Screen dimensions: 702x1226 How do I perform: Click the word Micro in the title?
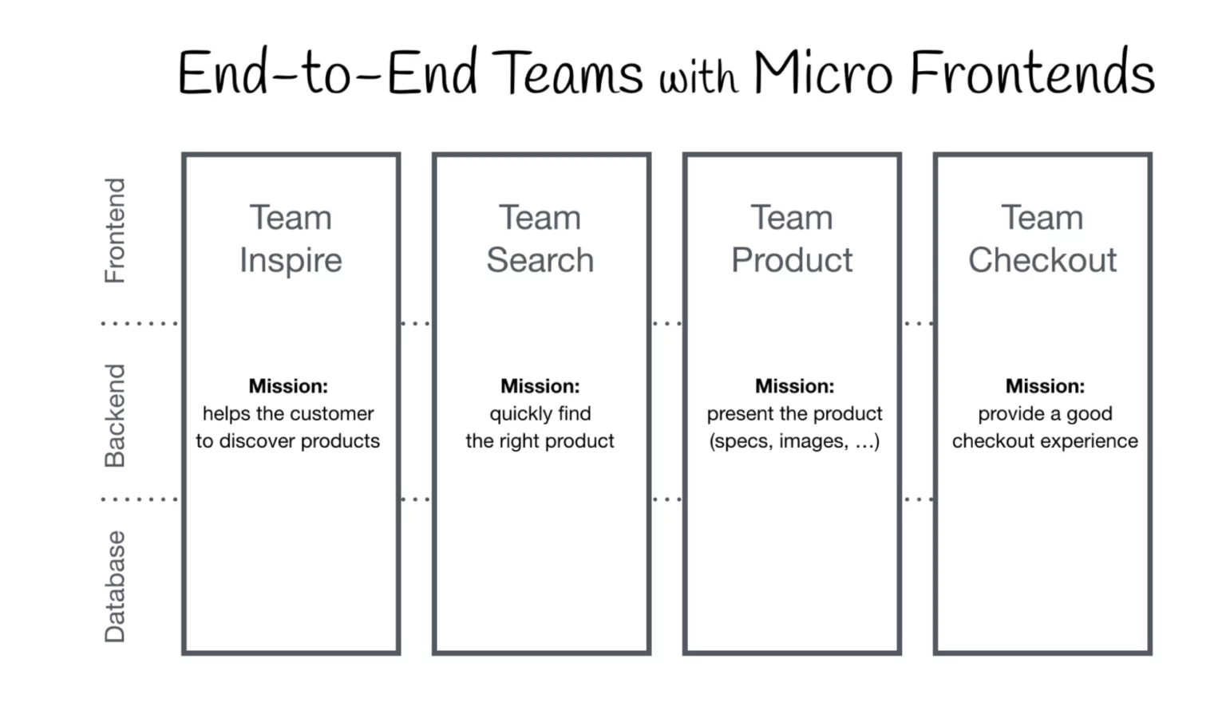pos(822,73)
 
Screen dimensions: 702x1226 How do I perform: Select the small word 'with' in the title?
pos(698,78)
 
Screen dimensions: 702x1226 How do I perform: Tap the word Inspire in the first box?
pos(291,261)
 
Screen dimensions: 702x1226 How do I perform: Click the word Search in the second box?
pos(540,260)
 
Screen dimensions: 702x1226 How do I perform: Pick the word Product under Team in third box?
pos(792,260)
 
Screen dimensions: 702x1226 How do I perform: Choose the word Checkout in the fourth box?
pos(1042,260)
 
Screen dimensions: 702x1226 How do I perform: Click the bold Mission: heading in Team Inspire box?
pos(288,386)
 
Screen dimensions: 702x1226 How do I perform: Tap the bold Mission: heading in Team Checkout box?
pos(1045,386)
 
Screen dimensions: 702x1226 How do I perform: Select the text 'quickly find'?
pos(540,414)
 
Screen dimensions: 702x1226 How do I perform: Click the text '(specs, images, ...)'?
pos(794,441)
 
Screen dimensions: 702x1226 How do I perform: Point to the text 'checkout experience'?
pos(1045,441)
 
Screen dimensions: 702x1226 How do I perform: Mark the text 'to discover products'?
pos(288,441)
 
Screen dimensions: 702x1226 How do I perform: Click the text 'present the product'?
pos(794,414)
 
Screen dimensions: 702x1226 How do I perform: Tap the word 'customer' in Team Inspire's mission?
pos(336,414)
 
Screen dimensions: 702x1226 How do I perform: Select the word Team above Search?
pos(540,218)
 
